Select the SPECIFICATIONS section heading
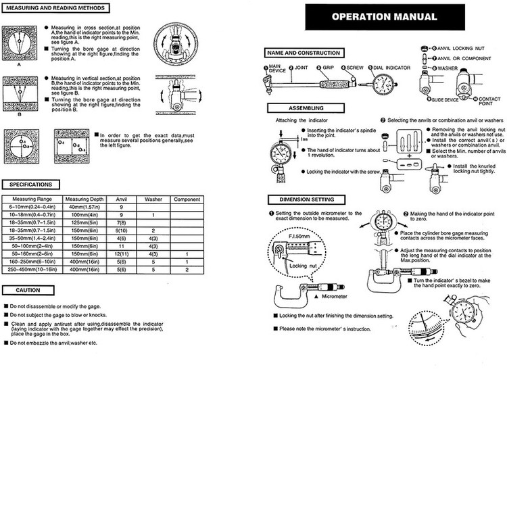(x=31, y=184)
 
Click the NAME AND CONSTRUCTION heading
(x=304, y=53)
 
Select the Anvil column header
(x=121, y=199)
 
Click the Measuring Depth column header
(x=84, y=199)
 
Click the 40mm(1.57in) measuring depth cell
(x=84, y=207)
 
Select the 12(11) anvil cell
(x=121, y=254)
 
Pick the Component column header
(x=186, y=199)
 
